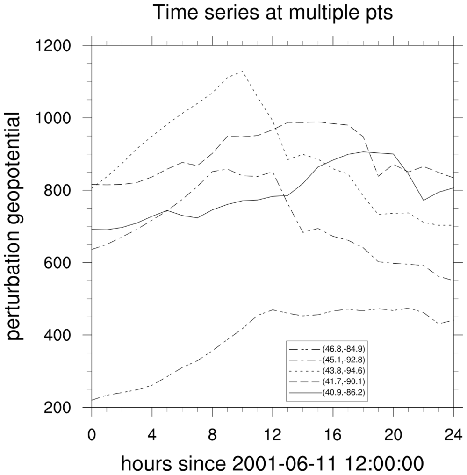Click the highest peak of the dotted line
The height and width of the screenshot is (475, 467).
243,71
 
